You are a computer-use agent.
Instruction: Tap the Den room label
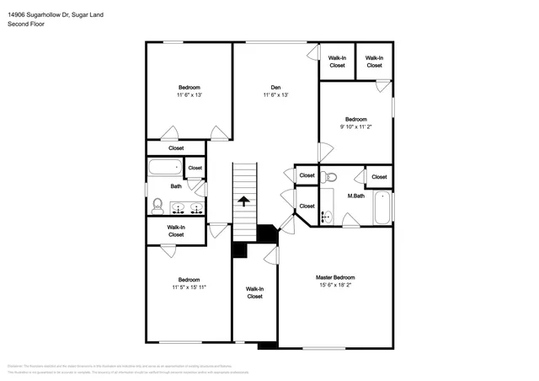[x=275, y=88]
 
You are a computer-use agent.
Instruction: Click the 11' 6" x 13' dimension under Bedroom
[x=189, y=95]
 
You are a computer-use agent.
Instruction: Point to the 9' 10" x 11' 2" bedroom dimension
[x=355, y=126]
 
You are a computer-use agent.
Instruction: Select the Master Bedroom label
[x=335, y=277]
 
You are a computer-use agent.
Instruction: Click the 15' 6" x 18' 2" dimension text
[x=335, y=286]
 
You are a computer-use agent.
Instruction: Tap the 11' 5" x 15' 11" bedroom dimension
[x=189, y=287]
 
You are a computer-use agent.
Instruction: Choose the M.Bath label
[x=355, y=196]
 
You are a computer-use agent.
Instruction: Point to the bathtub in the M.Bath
[x=382, y=209]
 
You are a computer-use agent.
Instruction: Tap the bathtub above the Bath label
[x=166, y=167]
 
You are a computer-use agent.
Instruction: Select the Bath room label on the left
[x=176, y=186]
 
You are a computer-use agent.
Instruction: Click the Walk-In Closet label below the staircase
[x=254, y=292]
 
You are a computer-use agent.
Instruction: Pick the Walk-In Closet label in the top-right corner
[x=374, y=62]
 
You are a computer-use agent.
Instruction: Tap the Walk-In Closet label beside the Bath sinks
[x=176, y=230]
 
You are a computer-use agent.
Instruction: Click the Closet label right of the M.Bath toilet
[x=379, y=176]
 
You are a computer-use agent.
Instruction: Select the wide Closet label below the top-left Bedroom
[x=176, y=148]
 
